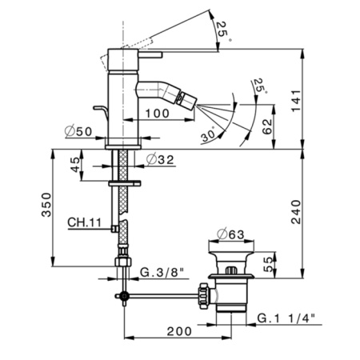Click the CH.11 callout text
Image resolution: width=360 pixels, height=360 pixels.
[x=84, y=223]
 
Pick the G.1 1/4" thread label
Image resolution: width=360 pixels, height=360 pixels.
[x=286, y=318]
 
